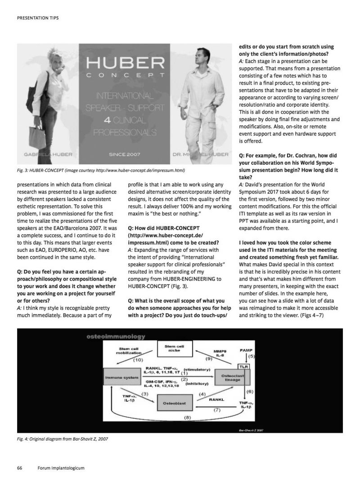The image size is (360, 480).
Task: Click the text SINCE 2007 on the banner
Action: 125,155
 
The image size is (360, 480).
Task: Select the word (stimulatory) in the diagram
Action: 197,369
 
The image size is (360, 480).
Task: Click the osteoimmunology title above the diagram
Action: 110,336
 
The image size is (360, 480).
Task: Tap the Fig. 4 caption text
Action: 63,439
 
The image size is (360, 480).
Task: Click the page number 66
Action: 20,468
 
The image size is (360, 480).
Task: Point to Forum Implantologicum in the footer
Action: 62,468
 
